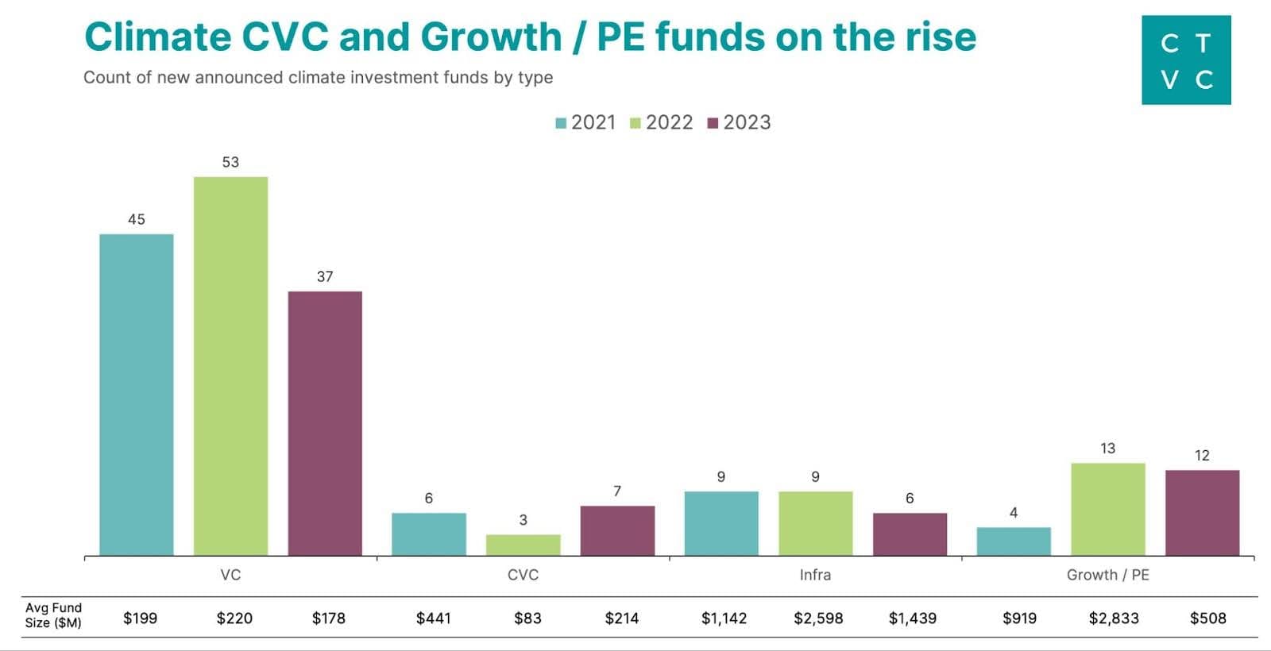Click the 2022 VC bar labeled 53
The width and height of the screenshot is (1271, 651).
pyautogui.click(x=230, y=365)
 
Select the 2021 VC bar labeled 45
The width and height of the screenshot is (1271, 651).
pyautogui.click(x=136, y=395)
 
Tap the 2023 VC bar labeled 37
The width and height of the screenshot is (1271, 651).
pyautogui.click(x=325, y=423)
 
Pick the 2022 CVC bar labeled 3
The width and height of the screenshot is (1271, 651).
pyautogui.click(x=523, y=545)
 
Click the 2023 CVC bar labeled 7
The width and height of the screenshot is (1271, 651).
pyautogui.click(x=617, y=530)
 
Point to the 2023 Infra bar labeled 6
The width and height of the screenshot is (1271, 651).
pyautogui.click(x=910, y=534)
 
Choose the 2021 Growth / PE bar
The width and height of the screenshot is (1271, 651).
pyautogui.click(x=1013, y=541)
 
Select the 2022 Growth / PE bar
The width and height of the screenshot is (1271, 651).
pyautogui.click(x=1107, y=509)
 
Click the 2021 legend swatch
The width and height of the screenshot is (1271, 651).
pyautogui.click(x=561, y=123)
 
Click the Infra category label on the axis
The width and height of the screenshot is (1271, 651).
pyautogui.click(x=815, y=575)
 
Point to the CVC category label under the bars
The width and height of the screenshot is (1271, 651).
pyautogui.click(x=523, y=575)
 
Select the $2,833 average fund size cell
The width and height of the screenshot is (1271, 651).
pyautogui.click(x=1114, y=618)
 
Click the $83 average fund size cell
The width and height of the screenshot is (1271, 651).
pyautogui.click(x=527, y=618)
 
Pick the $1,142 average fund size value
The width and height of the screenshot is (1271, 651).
pyautogui.click(x=724, y=618)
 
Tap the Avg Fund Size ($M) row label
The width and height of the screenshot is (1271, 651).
pyautogui.click(x=53, y=615)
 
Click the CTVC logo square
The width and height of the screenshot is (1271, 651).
pyautogui.click(x=1186, y=60)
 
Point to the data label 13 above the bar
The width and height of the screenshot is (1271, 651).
pyautogui.click(x=1107, y=449)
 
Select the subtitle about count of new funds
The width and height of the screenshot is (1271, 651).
pyautogui.click(x=318, y=78)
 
